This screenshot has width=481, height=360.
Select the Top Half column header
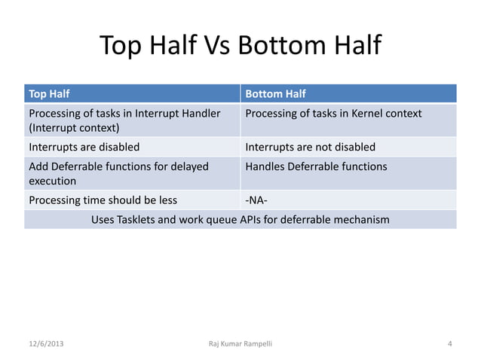(x=47, y=94)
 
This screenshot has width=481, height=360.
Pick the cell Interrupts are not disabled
(x=310, y=147)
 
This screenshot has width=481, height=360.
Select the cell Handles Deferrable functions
(x=316, y=166)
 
